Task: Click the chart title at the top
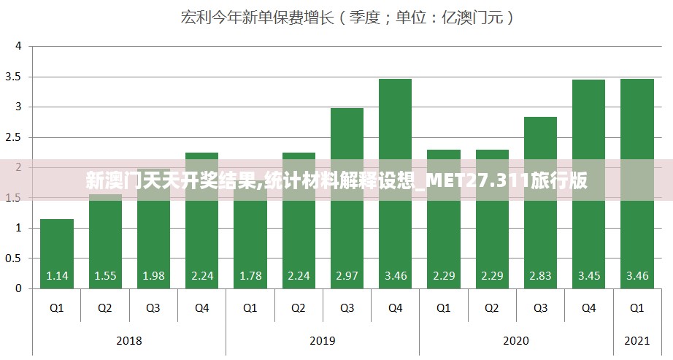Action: point(347,18)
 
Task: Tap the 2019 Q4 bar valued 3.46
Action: point(395,183)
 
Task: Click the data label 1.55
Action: point(105,276)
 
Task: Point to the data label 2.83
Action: point(540,276)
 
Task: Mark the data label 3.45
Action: point(588,276)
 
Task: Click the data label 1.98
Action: point(153,276)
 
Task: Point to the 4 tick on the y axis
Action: point(19,46)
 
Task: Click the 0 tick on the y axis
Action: point(19,288)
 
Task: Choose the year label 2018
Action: point(129,340)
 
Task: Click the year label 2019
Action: point(323,340)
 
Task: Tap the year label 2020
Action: point(516,340)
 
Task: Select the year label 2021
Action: point(637,340)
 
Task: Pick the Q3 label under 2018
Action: point(153,308)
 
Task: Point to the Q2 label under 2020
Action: point(492,308)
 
